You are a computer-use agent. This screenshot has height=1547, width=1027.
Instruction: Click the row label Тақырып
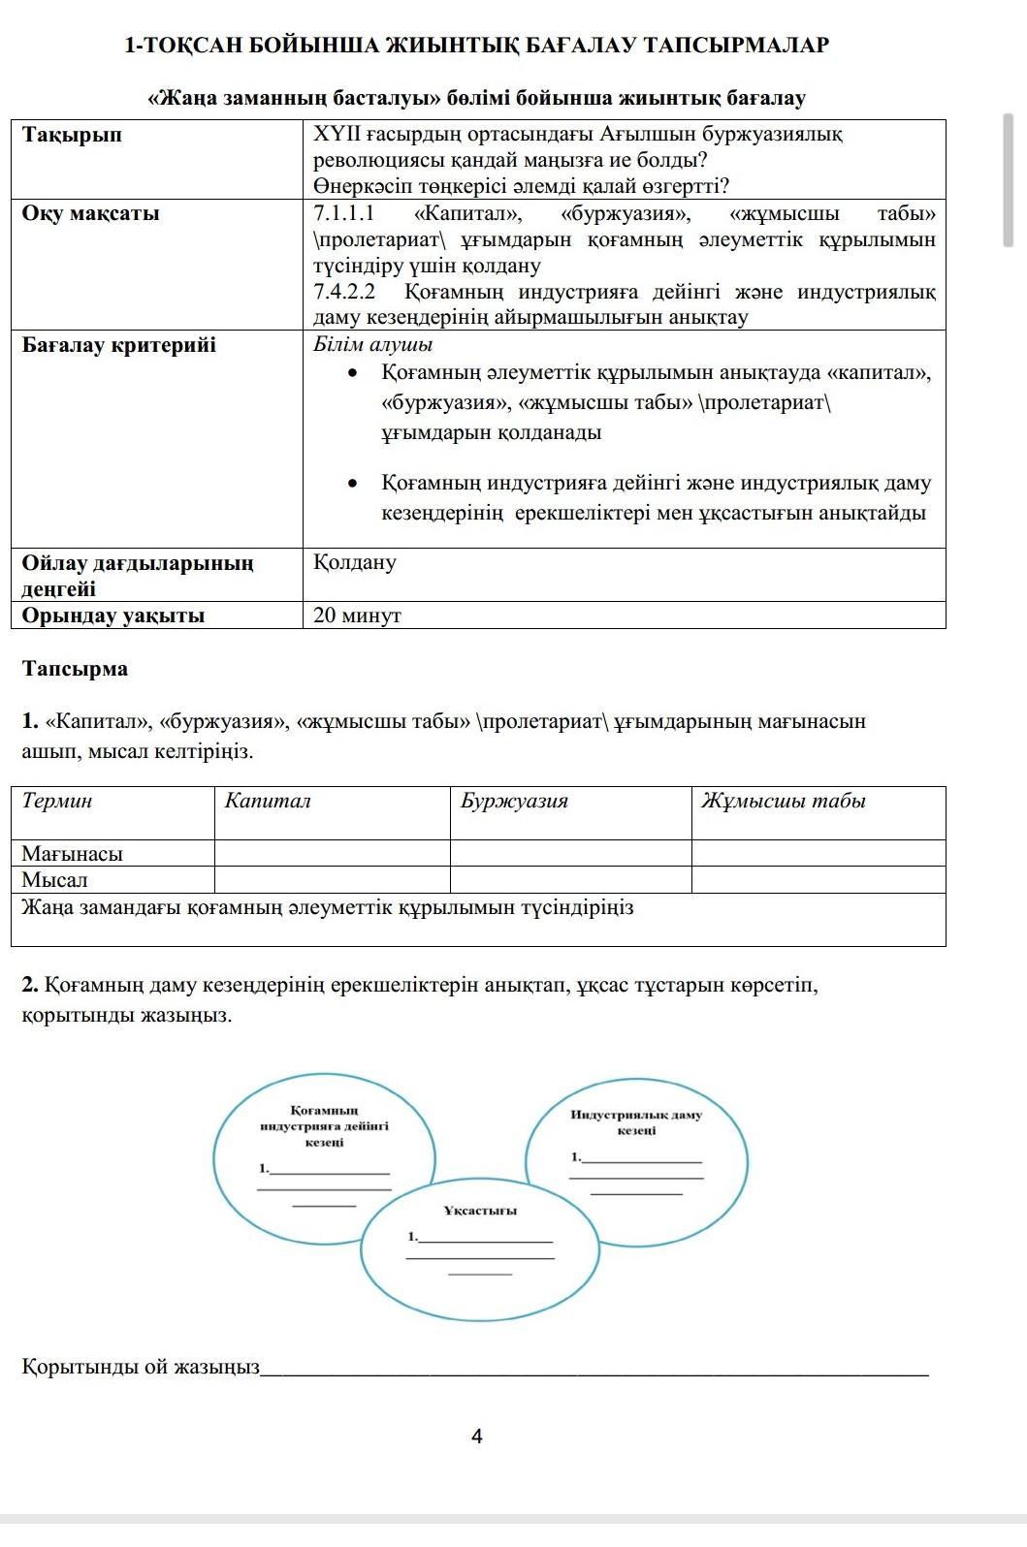pos(73,135)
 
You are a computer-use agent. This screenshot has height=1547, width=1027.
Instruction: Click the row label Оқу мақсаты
pos(91,213)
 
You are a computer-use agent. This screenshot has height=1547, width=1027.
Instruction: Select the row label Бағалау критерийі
pos(119,345)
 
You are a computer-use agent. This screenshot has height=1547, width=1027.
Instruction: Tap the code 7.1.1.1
pos(344,213)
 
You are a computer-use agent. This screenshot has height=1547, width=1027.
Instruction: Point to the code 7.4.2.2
pos(344,292)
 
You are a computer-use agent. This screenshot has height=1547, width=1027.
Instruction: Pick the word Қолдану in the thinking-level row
pos(355,562)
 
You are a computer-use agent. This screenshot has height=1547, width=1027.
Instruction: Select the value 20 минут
pos(358,616)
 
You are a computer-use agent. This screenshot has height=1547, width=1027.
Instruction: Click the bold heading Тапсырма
pos(75,669)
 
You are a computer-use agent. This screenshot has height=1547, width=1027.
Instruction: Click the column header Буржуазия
pos(515,801)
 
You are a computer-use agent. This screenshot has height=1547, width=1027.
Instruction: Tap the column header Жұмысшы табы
pos(784,801)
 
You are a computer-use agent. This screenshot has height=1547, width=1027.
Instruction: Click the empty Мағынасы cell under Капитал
pos(332,854)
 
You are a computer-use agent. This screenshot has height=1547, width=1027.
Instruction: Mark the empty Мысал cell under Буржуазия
pos(570,880)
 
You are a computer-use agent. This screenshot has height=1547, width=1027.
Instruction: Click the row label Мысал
pos(55,880)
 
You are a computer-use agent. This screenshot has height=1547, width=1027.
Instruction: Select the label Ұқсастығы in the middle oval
pos(480,1211)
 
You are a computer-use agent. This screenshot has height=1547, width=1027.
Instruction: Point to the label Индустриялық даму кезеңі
pos(636,1122)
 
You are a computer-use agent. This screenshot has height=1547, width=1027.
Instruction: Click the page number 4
pos(476,1436)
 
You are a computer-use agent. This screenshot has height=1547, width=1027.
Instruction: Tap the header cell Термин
pos(57,801)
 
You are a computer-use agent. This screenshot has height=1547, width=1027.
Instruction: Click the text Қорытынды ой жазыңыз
pos(141,1367)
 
